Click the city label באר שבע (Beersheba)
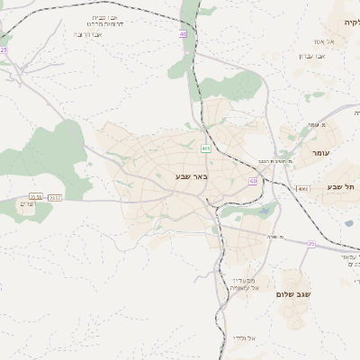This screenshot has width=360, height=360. click(191, 177)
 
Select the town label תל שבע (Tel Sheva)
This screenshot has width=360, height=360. click(339, 186)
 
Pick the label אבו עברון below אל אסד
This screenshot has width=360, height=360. click(310, 56)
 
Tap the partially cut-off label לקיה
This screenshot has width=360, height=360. click(349, 21)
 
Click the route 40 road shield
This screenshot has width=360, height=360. click(183, 35)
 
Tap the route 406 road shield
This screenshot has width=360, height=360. click(206, 148)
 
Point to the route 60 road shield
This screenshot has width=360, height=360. click(254, 181)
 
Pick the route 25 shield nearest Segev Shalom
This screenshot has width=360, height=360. click(311, 243)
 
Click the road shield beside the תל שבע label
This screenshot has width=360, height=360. click(303, 189)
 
